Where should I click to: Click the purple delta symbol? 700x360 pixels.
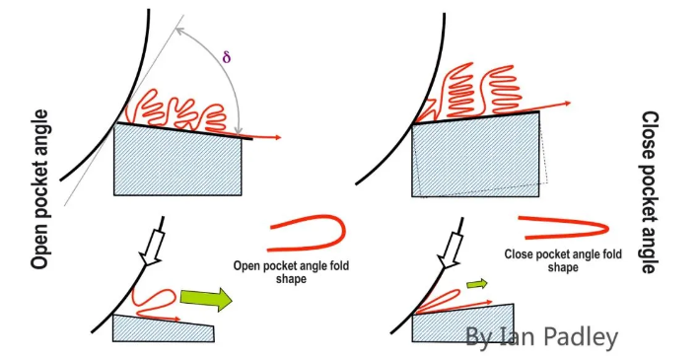point(226,57)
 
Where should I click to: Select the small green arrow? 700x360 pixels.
point(476,284)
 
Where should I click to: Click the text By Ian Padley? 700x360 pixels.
point(541,336)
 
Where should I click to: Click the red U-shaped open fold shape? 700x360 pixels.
point(309,232)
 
